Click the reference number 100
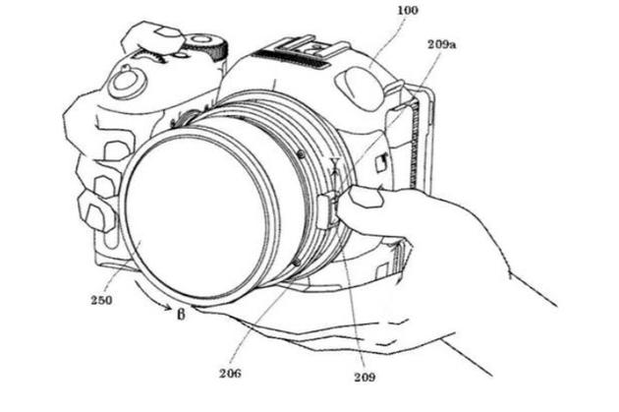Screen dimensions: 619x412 (x=407, y=10)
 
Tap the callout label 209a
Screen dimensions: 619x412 (x=442, y=44)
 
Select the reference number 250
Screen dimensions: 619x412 (x=101, y=300)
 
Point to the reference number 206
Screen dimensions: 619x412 (x=230, y=373)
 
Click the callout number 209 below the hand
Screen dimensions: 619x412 (x=365, y=377)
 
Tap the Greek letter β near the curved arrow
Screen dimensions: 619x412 (x=181, y=314)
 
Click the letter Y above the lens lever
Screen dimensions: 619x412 (x=335, y=163)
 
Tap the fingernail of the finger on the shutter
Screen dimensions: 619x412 (x=169, y=31)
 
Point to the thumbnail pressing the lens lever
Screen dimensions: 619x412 (x=366, y=197)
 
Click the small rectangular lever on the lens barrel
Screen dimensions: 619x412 (x=327, y=211)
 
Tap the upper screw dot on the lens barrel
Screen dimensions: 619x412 (x=301, y=153)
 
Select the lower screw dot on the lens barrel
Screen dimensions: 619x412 (x=298, y=262)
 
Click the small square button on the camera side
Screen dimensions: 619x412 (x=380, y=163)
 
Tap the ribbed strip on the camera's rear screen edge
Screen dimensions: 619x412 (x=414, y=143)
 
